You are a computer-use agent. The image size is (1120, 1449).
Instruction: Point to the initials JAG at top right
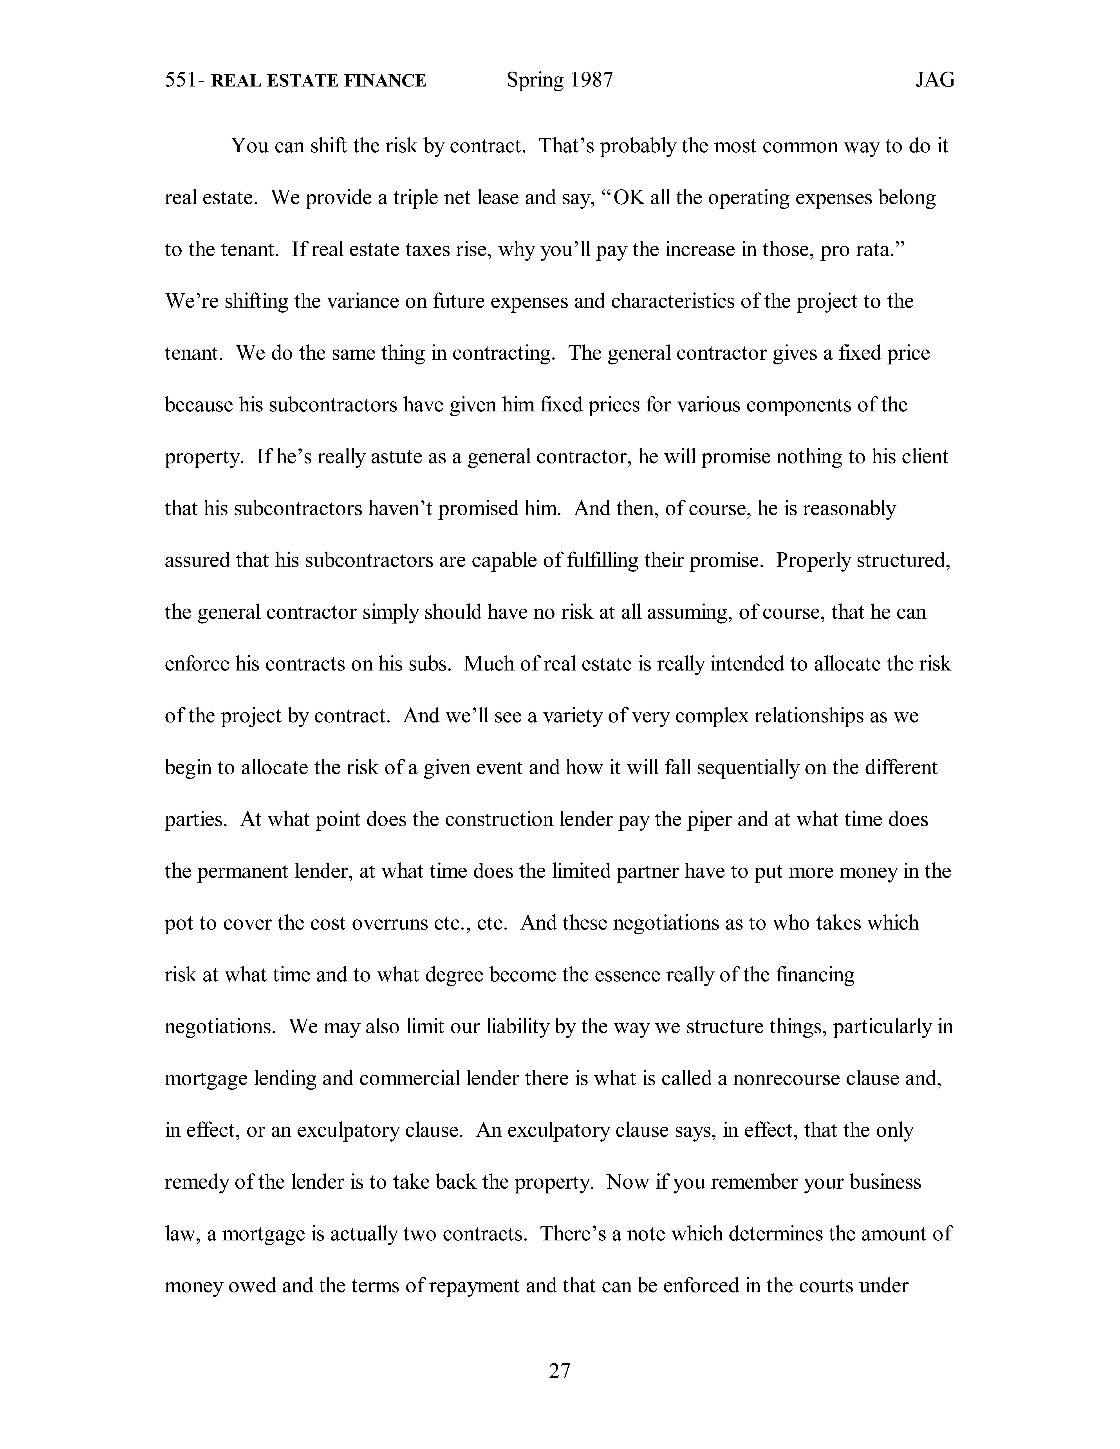pyautogui.click(x=935, y=80)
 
